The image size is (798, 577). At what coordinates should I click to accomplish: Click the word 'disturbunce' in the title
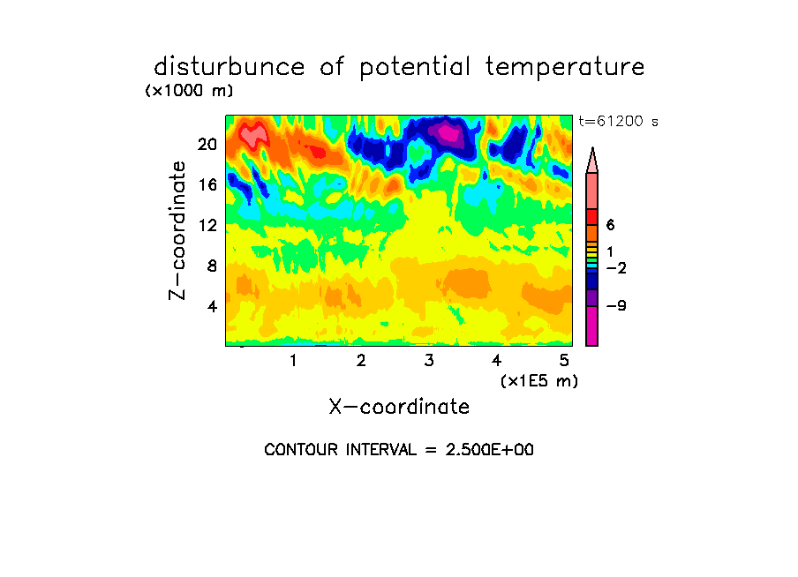(229, 67)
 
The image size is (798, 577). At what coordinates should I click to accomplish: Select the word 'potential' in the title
(415, 68)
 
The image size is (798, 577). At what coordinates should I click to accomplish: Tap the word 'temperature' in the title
(565, 68)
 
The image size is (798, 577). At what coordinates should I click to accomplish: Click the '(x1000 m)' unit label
(189, 91)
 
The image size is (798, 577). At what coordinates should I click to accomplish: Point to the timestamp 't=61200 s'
(618, 121)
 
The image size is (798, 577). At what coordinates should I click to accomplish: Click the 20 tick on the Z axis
(207, 145)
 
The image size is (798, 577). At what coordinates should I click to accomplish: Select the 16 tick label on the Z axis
(207, 184)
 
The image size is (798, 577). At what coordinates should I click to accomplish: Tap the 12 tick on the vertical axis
(207, 225)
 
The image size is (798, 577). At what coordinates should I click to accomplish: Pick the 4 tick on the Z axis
(212, 306)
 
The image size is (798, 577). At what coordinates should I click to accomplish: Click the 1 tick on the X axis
(293, 360)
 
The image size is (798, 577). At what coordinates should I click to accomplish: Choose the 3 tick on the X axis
(429, 360)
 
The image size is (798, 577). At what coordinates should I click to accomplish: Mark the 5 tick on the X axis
(564, 360)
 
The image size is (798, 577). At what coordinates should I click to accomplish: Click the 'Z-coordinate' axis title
(177, 230)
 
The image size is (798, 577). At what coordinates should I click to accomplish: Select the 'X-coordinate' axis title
(399, 407)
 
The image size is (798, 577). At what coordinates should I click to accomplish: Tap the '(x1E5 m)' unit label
(539, 381)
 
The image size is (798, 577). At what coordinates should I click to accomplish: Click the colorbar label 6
(610, 225)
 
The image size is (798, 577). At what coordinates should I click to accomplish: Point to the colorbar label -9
(616, 306)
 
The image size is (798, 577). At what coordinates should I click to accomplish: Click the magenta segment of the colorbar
(591, 326)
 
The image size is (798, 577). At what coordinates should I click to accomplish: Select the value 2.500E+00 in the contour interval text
(490, 450)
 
